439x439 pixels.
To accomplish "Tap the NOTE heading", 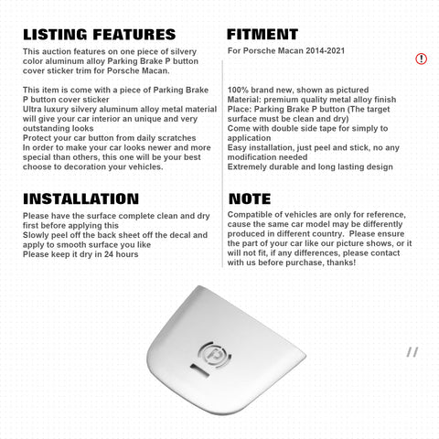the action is tap(249, 198).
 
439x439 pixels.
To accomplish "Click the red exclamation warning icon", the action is tap(421, 59).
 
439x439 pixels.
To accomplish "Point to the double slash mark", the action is tap(412, 351).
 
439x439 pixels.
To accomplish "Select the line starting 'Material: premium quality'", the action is tap(311, 101).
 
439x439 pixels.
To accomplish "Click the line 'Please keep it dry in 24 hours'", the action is tap(80, 253).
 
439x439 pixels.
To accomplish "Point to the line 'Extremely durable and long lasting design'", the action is tap(311, 167).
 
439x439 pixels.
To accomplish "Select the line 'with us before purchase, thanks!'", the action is tap(297, 262).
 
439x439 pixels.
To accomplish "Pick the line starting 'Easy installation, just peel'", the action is tap(311, 148).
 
